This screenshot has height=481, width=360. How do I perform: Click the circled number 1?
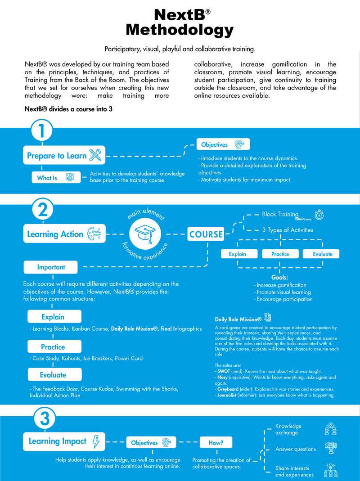42,131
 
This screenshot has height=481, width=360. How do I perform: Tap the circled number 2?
42,210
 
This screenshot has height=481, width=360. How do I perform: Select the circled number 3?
45,420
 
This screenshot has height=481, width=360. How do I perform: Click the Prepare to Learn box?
63,156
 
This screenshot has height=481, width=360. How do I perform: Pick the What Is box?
56,178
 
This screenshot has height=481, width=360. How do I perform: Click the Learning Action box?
63,234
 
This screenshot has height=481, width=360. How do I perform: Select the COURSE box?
206,234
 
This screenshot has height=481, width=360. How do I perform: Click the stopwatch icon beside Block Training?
319,215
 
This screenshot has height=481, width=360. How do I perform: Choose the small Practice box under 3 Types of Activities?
280,254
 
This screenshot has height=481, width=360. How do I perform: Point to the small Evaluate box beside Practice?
323,254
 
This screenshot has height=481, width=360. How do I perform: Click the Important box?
50,267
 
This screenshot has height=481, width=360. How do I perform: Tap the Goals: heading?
279,278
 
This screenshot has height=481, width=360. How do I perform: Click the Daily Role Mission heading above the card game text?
238,319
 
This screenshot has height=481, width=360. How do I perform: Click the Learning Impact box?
63,441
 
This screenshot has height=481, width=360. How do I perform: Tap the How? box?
216,443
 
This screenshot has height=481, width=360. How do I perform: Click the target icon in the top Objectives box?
239,144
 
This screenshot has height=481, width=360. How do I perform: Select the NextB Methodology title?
180,22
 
